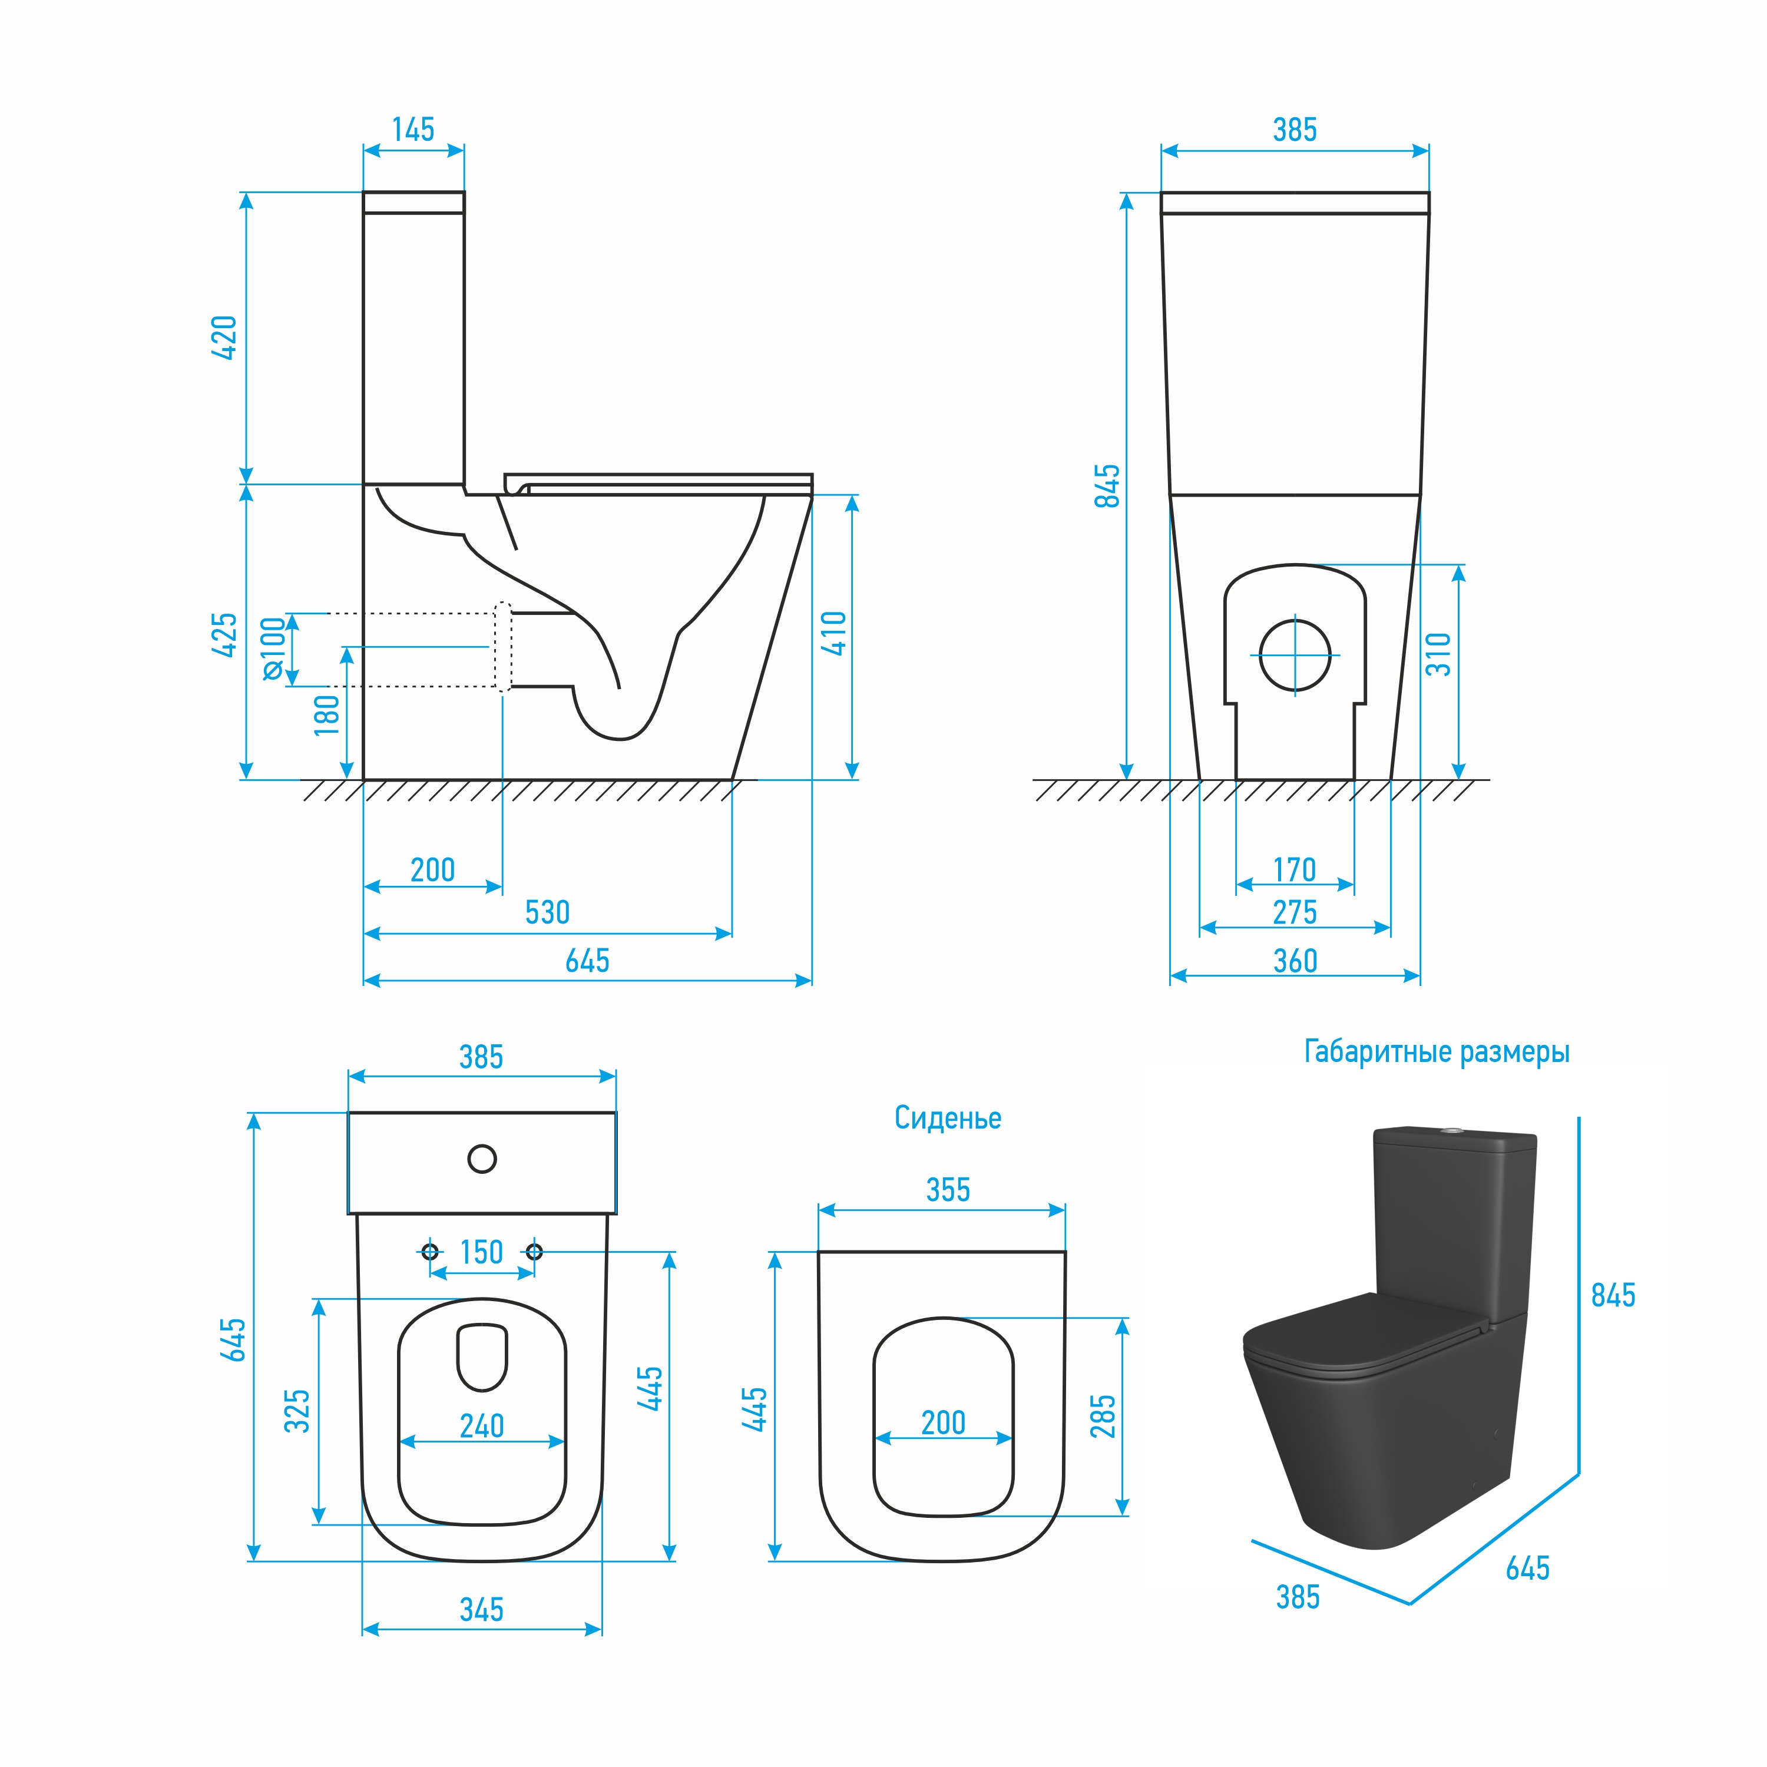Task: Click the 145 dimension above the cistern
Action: pos(413,130)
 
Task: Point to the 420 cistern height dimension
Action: pos(224,337)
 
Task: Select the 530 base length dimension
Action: pos(547,913)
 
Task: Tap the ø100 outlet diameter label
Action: pos(273,648)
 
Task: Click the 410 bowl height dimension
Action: pos(834,633)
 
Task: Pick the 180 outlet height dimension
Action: pos(326,715)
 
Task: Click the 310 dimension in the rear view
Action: pos(1439,654)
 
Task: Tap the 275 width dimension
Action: pos(1295,913)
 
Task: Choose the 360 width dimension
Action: pos(1295,961)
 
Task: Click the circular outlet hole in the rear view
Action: pos(1295,655)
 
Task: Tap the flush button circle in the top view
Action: pos(482,1159)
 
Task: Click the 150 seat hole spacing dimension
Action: pos(481,1252)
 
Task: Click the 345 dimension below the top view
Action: pos(481,1610)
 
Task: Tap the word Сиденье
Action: pos(948,1118)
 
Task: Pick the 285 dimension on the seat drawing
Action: pos(1103,1417)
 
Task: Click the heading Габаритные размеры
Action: pos(1437,1053)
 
